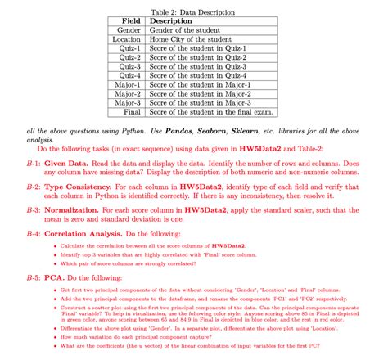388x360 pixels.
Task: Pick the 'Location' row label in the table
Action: (126, 38)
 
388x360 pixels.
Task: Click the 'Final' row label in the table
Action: (133, 111)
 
